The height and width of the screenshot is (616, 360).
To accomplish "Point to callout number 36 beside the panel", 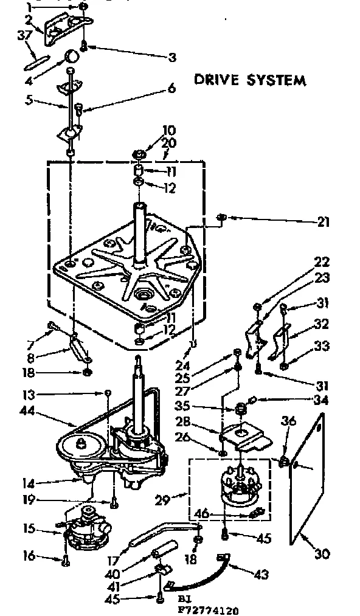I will point(289,420).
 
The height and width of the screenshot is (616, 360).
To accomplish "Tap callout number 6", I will point(171,89).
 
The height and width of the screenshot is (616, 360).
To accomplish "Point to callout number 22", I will point(322,262).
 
